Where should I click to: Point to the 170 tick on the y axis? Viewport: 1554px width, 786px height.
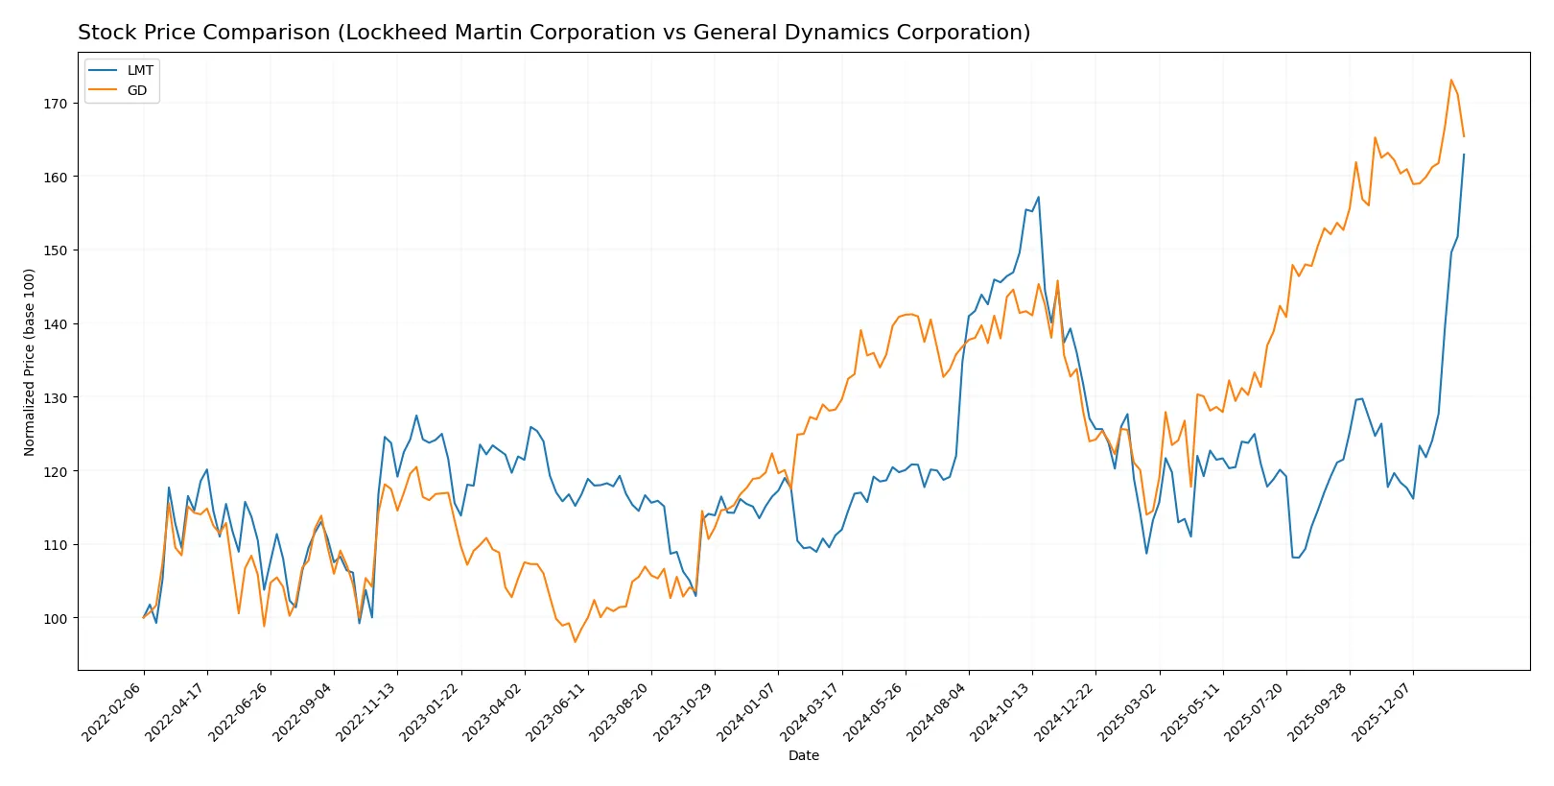(55, 103)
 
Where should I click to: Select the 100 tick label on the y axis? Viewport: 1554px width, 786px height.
(55, 618)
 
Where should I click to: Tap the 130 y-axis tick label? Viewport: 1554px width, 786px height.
(55, 397)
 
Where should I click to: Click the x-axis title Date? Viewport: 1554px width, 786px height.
(803, 755)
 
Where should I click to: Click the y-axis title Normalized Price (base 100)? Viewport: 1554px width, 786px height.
(30, 362)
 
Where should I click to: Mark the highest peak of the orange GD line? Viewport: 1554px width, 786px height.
(1451, 80)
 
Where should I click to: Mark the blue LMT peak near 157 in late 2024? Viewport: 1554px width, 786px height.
(1038, 198)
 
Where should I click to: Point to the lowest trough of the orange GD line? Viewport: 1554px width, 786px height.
(576, 641)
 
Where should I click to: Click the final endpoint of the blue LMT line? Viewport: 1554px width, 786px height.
(1464, 155)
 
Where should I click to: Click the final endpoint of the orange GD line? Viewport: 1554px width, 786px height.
(1464, 136)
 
